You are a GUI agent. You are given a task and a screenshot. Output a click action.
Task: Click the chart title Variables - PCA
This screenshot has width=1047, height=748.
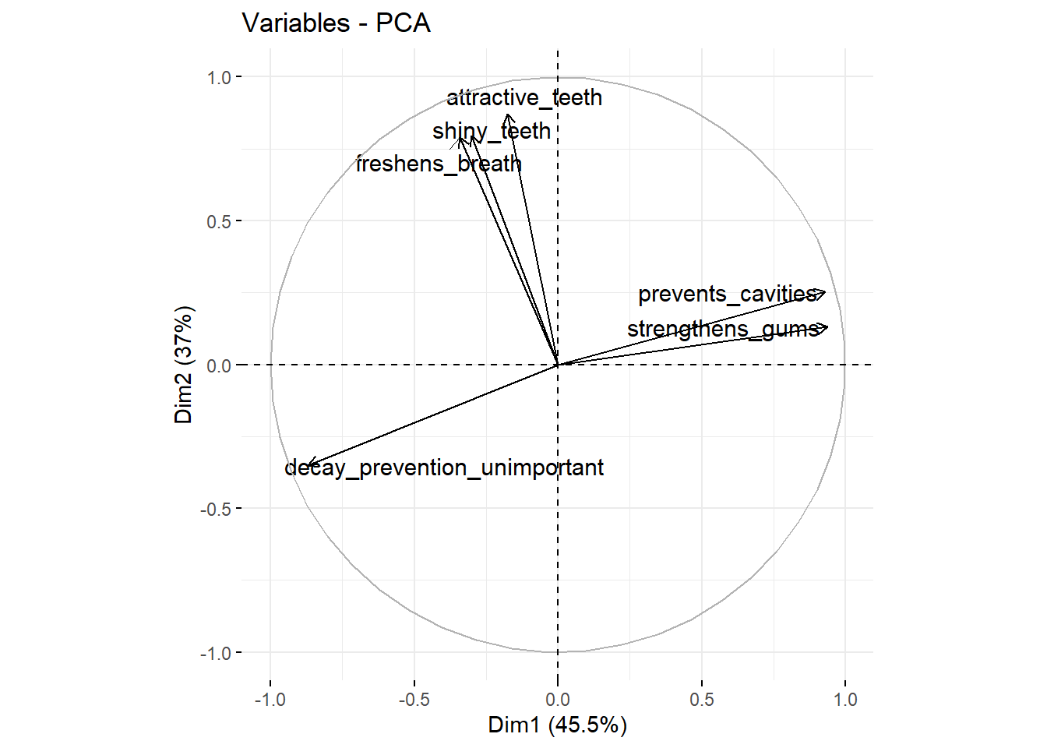pos(336,23)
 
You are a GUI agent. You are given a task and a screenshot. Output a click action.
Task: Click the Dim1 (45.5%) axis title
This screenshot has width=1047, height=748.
pos(557,725)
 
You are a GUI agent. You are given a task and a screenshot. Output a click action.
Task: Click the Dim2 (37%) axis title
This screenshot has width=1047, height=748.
pos(184,365)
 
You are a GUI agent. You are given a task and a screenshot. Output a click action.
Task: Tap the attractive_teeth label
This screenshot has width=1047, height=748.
pos(524,98)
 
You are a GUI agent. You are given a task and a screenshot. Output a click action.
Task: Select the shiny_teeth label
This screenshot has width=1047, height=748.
pos(492,131)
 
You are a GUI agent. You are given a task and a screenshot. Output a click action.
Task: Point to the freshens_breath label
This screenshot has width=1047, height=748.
pos(439,164)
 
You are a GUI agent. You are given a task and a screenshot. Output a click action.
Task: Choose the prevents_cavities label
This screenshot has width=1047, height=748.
pos(727,295)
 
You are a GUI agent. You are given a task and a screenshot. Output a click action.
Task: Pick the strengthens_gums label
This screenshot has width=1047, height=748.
pos(723,329)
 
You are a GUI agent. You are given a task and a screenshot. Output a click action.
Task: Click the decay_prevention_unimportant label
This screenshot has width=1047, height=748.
pos(444,467)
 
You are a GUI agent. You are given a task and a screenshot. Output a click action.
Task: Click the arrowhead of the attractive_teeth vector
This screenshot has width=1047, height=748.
pos(508,115)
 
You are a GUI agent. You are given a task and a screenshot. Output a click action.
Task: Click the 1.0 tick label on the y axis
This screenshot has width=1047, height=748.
pos(219,77)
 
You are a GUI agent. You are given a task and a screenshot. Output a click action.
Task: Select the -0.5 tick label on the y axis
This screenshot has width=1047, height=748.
pos(216,509)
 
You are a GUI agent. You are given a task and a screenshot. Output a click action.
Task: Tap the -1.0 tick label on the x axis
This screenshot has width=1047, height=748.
pos(270,700)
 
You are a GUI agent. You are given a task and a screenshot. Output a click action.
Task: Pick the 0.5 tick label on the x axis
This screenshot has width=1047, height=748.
pos(701,700)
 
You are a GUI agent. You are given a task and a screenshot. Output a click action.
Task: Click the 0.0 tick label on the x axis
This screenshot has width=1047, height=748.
pos(558,700)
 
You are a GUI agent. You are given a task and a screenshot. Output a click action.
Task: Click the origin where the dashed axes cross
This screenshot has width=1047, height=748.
pos(558,365)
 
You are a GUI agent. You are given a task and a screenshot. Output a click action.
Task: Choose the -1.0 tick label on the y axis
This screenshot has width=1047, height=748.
pos(216,653)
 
